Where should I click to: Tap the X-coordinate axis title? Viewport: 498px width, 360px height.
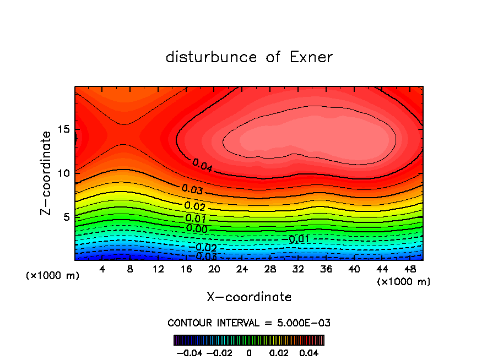point(249,297)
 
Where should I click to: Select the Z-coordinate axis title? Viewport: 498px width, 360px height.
point(46,173)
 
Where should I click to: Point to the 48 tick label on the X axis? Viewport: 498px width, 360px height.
point(410,269)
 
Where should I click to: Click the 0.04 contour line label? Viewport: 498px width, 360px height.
point(203,165)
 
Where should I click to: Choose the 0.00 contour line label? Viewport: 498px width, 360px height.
point(197,228)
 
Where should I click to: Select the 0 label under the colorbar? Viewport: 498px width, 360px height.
point(249,352)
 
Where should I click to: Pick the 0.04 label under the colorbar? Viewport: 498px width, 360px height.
point(310,352)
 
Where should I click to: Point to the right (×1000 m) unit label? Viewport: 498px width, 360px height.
point(404,282)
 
